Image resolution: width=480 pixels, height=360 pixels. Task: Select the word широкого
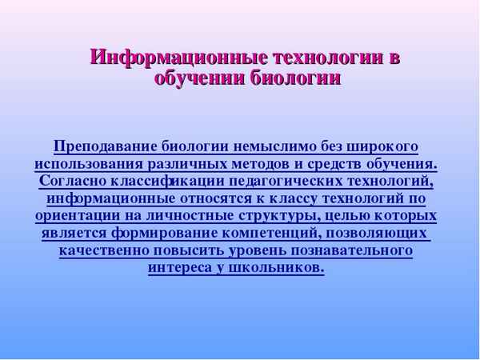coord(384,146)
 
